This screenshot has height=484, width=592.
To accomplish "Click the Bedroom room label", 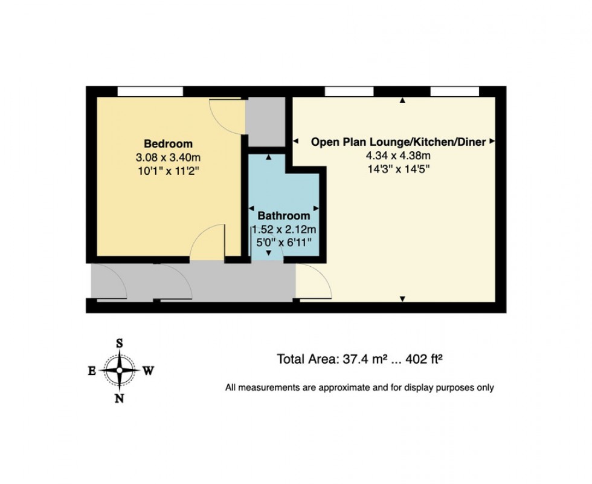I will [168, 144].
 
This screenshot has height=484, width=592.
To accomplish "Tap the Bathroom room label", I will [284, 215].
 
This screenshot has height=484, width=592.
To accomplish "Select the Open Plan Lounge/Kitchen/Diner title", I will [398, 142].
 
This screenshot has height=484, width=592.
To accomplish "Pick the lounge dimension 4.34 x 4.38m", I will [398, 155].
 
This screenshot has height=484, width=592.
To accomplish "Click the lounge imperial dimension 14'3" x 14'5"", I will [398, 169].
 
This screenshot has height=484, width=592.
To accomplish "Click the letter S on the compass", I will [120, 343].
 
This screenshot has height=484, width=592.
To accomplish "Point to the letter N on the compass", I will [120, 397].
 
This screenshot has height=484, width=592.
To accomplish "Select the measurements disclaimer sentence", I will [359, 387].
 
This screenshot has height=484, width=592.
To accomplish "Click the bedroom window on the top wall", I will [150, 91].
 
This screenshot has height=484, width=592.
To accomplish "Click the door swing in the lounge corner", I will [312, 282].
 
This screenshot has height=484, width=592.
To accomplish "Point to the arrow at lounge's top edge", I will [402, 101].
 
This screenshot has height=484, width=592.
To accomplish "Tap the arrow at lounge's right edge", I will [492, 142].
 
